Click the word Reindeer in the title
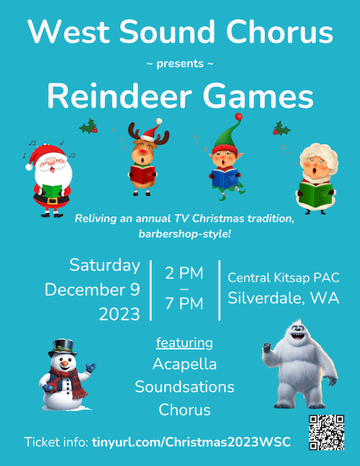pos(120,97)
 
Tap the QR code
pos(326,432)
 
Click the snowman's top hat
pos(63,348)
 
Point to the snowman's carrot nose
pos(64,363)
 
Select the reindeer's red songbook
pos(143,174)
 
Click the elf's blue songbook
pos(225,178)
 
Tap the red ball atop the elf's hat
pos(238,117)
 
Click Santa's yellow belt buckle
pos(53,201)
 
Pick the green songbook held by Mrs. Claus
pos(315,194)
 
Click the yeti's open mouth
pos(297,337)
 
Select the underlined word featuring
pos(184,344)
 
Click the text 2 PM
pos(184,273)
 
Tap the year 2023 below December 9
pos(120,315)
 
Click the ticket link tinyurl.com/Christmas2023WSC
pos(192,442)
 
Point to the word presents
pos(180,64)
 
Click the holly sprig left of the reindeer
pos(89,126)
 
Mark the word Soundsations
pos(184,387)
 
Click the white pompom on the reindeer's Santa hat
pos(159,121)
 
